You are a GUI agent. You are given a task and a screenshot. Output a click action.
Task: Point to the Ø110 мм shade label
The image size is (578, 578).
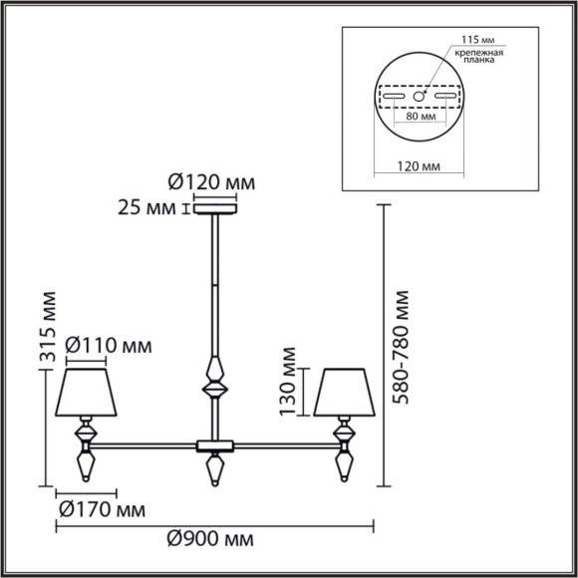pyautogui.click(x=109, y=346)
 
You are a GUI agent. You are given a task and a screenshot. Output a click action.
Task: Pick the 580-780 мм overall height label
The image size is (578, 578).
pyautogui.click(x=402, y=347)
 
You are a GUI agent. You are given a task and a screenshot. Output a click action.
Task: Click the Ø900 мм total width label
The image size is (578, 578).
pyautogui.click(x=208, y=538)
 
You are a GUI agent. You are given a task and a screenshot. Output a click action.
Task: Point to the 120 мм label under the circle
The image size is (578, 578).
pyautogui.click(x=419, y=169)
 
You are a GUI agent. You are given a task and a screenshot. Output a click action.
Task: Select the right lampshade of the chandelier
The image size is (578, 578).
pyautogui.click(x=342, y=394)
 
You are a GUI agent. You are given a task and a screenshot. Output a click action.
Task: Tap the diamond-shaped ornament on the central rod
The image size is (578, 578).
pyautogui.click(x=213, y=381)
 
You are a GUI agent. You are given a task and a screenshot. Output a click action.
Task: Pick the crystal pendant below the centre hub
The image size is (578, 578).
pyautogui.click(x=213, y=467)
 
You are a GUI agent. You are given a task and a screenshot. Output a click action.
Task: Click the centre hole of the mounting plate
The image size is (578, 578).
pyautogui.click(x=419, y=97)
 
